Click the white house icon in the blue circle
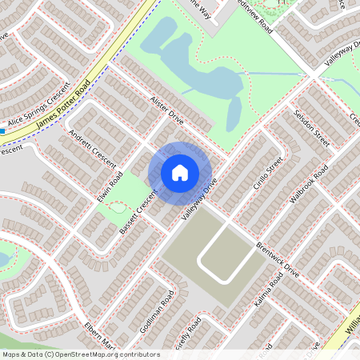(180, 172)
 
